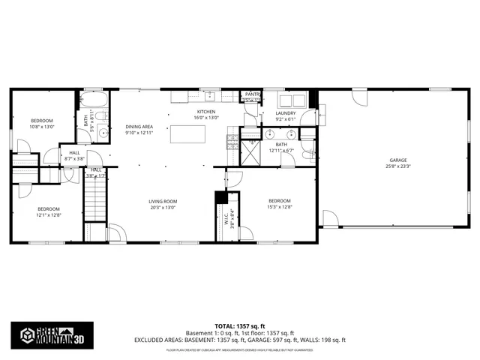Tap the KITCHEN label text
pos(205,112)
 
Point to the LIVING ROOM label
pos(162,201)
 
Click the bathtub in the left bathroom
pos(94,101)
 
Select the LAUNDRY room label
pos(286,113)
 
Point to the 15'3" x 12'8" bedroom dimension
pos(280,208)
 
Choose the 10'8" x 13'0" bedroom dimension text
pos(41,127)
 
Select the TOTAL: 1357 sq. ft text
pos(240,325)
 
